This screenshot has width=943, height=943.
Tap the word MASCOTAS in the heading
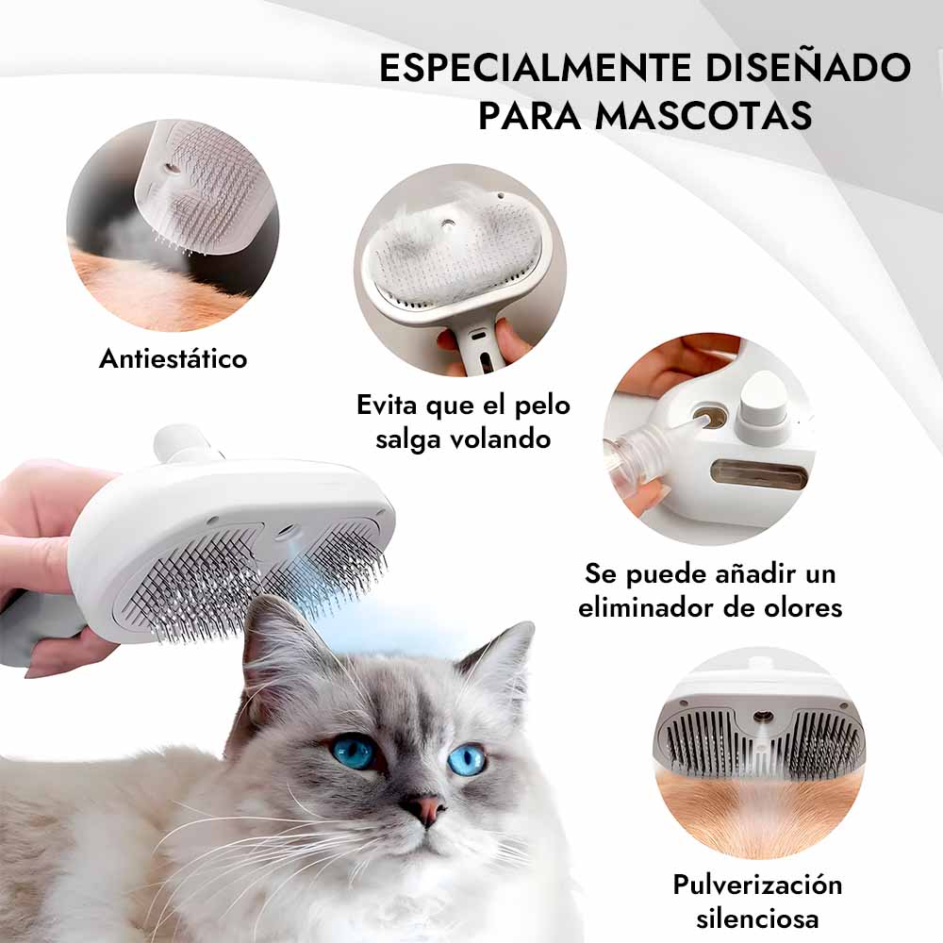(x=703, y=115)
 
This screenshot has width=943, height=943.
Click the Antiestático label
(x=174, y=358)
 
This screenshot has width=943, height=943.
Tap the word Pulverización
(x=757, y=885)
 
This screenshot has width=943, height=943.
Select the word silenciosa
(x=757, y=918)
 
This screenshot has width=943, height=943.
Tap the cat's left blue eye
(x=354, y=752)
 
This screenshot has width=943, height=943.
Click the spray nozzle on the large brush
(x=287, y=531)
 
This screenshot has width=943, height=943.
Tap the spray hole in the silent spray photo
(x=764, y=717)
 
